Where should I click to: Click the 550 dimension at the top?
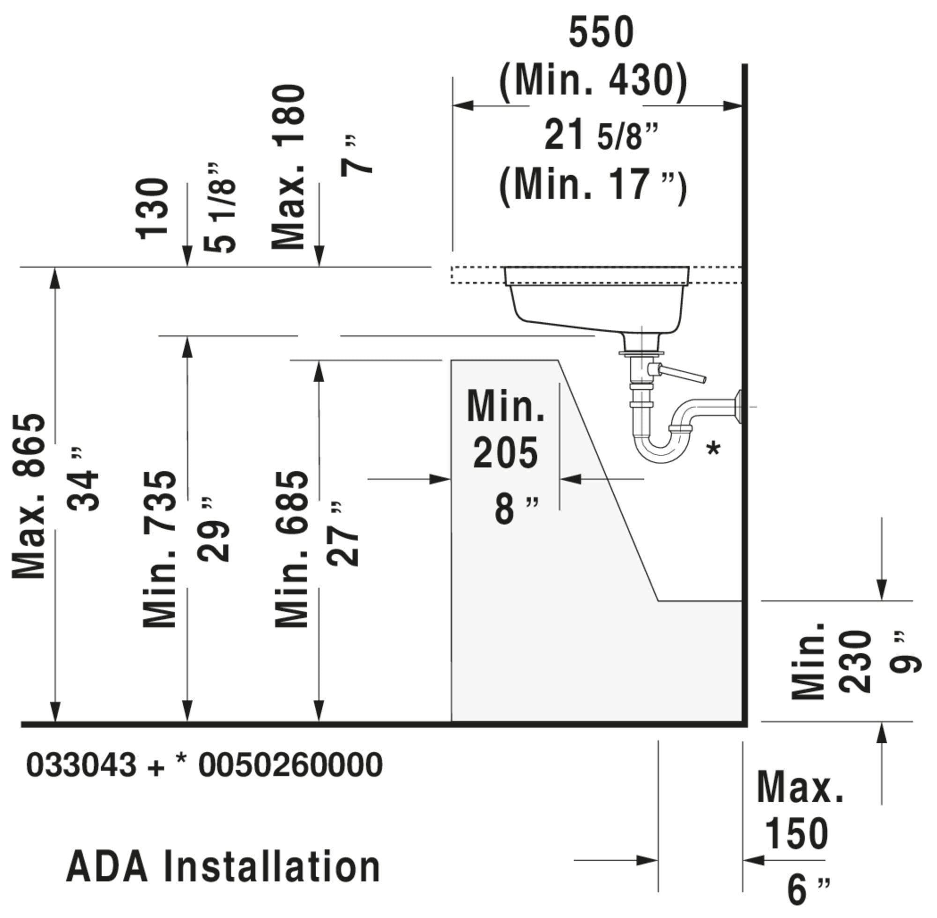pyautogui.click(x=601, y=32)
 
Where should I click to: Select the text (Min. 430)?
pyautogui.click(x=593, y=81)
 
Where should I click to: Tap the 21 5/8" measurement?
pyautogui.click(x=602, y=135)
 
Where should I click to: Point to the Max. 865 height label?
pyautogui.click(x=29, y=496)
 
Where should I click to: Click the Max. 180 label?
pyautogui.click(x=289, y=167)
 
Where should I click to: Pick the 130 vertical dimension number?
pyautogui.click(x=152, y=209)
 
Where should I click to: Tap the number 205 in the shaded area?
pyautogui.click(x=506, y=453)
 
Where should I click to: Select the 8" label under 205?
pyautogui.click(x=516, y=509)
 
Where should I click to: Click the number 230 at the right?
pyautogui.click(x=855, y=661)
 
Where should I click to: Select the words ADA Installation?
pyautogui.click(x=223, y=866)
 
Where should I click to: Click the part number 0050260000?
pyautogui.click(x=290, y=765)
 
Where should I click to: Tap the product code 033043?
pyautogui.click(x=82, y=765)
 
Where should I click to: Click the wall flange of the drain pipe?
pyautogui.click(x=737, y=407)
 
